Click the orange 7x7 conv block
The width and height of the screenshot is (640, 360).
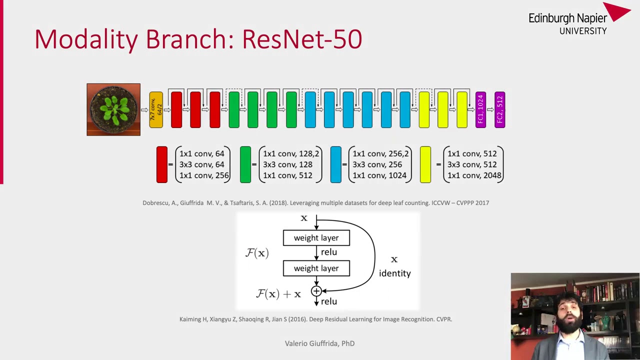(156, 109)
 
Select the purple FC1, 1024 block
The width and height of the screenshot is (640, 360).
(480, 109)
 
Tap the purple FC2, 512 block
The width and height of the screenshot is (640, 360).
(499, 109)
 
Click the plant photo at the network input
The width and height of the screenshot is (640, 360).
(113, 109)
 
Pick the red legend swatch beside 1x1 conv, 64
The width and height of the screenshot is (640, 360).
(161, 164)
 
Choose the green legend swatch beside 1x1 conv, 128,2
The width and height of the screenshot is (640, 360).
(245, 164)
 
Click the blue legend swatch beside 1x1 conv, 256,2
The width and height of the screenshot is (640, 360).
(335, 164)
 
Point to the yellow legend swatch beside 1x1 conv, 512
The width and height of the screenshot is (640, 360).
(425, 164)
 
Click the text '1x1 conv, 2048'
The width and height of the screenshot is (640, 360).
(474, 175)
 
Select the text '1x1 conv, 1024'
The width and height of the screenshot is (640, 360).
(379, 175)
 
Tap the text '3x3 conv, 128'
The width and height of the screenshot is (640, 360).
(287, 164)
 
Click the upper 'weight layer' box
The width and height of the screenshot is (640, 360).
(316, 237)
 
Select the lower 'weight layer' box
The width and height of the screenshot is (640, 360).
(316, 268)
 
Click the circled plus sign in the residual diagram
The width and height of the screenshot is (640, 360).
(316, 291)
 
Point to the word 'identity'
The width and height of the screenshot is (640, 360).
(395, 273)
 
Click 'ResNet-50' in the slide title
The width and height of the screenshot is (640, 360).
(302, 39)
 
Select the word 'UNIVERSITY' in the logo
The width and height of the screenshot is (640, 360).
(583, 31)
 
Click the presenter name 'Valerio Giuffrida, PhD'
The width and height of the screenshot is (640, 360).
(319, 343)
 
